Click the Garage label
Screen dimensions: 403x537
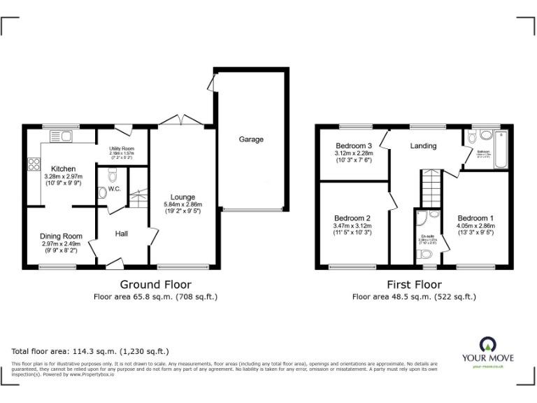251,139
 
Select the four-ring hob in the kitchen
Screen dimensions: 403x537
33,165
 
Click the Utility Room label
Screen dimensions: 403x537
122,148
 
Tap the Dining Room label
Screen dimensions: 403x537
61,236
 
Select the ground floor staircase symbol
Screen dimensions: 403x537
138,195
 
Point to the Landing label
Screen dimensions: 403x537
423,146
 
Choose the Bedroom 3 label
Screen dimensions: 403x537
353,146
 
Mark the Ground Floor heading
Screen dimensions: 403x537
155,284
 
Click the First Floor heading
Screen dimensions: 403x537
414,284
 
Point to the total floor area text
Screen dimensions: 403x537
90,351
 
